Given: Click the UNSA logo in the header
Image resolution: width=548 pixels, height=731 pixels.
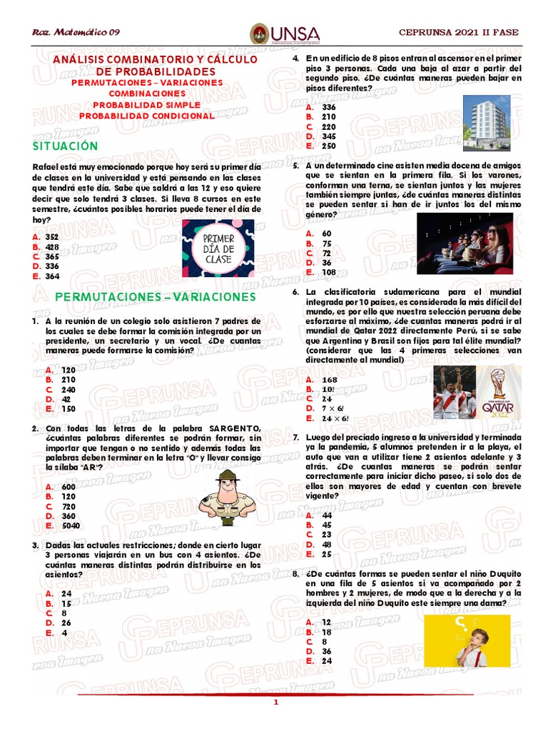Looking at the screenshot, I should click(284, 34).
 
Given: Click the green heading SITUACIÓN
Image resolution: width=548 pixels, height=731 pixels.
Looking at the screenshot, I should click(66, 146).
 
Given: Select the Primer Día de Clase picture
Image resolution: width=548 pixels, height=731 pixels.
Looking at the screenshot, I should click(218, 248).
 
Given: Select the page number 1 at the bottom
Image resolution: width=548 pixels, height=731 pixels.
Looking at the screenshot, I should click(275, 703).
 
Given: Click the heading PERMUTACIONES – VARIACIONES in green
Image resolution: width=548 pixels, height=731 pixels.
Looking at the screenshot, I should click(155, 297).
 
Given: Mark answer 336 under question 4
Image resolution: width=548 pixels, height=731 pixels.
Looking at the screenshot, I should click(329, 106).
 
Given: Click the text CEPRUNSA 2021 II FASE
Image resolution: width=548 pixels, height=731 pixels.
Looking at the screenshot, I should click(459, 33).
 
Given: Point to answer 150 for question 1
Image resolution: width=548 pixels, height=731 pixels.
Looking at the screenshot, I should click(68, 409).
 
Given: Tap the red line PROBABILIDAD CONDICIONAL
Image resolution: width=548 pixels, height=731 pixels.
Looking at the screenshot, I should click(146, 116).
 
